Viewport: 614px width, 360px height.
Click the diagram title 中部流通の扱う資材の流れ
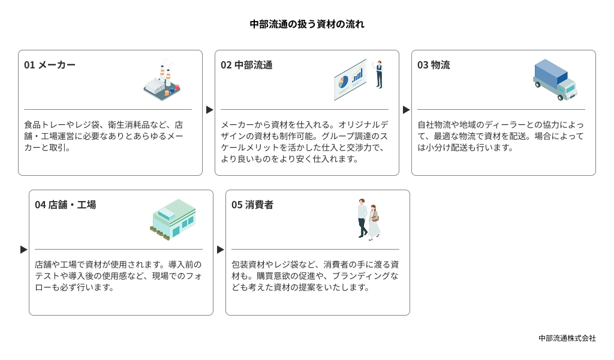307,24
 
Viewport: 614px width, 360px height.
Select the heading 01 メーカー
50,65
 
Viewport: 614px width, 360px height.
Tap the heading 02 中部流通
246,65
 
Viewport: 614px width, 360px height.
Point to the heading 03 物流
434,65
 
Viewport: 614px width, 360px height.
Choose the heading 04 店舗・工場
65,205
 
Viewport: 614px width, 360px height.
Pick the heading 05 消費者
252,205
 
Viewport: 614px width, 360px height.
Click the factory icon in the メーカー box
162,80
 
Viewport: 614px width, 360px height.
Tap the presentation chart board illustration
350,80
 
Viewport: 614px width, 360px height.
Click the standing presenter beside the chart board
379,74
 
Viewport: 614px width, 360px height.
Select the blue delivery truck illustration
555,80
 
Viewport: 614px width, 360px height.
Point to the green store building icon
173,219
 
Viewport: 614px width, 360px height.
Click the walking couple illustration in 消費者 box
369,220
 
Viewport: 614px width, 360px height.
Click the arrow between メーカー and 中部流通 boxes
209,110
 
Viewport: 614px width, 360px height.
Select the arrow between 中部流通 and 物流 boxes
406,110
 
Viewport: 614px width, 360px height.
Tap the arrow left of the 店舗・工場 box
23,250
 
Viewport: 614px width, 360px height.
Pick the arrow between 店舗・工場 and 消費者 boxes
220,250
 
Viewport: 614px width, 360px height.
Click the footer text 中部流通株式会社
567,338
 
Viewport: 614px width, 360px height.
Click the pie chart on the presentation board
342,82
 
